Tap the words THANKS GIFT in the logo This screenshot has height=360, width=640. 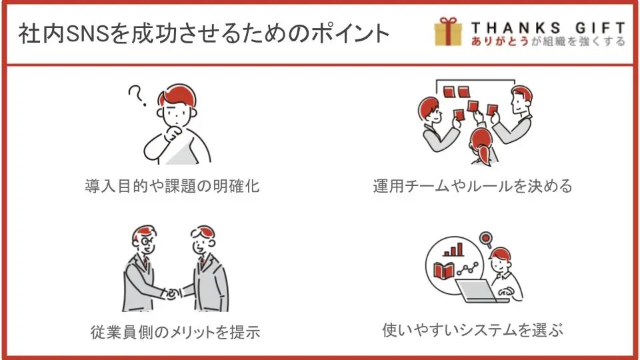pyautogui.click(x=548, y=28)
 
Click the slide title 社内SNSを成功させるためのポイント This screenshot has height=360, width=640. pyautogui.click(x=203, y=33)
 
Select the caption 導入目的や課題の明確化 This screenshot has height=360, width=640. pyautogui.click(x=172, y=186)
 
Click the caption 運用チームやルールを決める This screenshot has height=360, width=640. pyautogui.click(x=473, y=186)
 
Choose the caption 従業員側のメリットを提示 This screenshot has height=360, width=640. pyautogui.click(x=175, y=332)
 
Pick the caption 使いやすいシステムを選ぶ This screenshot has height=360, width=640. pyautogui.click(x=473, y=330)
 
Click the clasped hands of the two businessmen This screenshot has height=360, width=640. pyautogui.click(x=173, y=293)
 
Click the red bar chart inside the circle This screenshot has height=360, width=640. pyautogui.click(x=453, y=249)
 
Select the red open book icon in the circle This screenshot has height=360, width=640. pyautogui.click(x=444, y=271)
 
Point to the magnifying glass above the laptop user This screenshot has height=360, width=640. pyautogui.click(x=486, y=239)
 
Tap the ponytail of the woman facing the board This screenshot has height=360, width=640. pyautogui.click(x=484, y=155)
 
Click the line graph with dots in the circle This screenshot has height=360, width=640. pyautogui.click(x=468, y=269)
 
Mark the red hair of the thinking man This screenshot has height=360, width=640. pyautogui.click(x=177, y=95)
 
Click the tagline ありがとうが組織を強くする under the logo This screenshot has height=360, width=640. pyautogui.click(x=548, y=41)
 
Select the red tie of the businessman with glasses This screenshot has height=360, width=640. pyautogui.click(x=145, y=261)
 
